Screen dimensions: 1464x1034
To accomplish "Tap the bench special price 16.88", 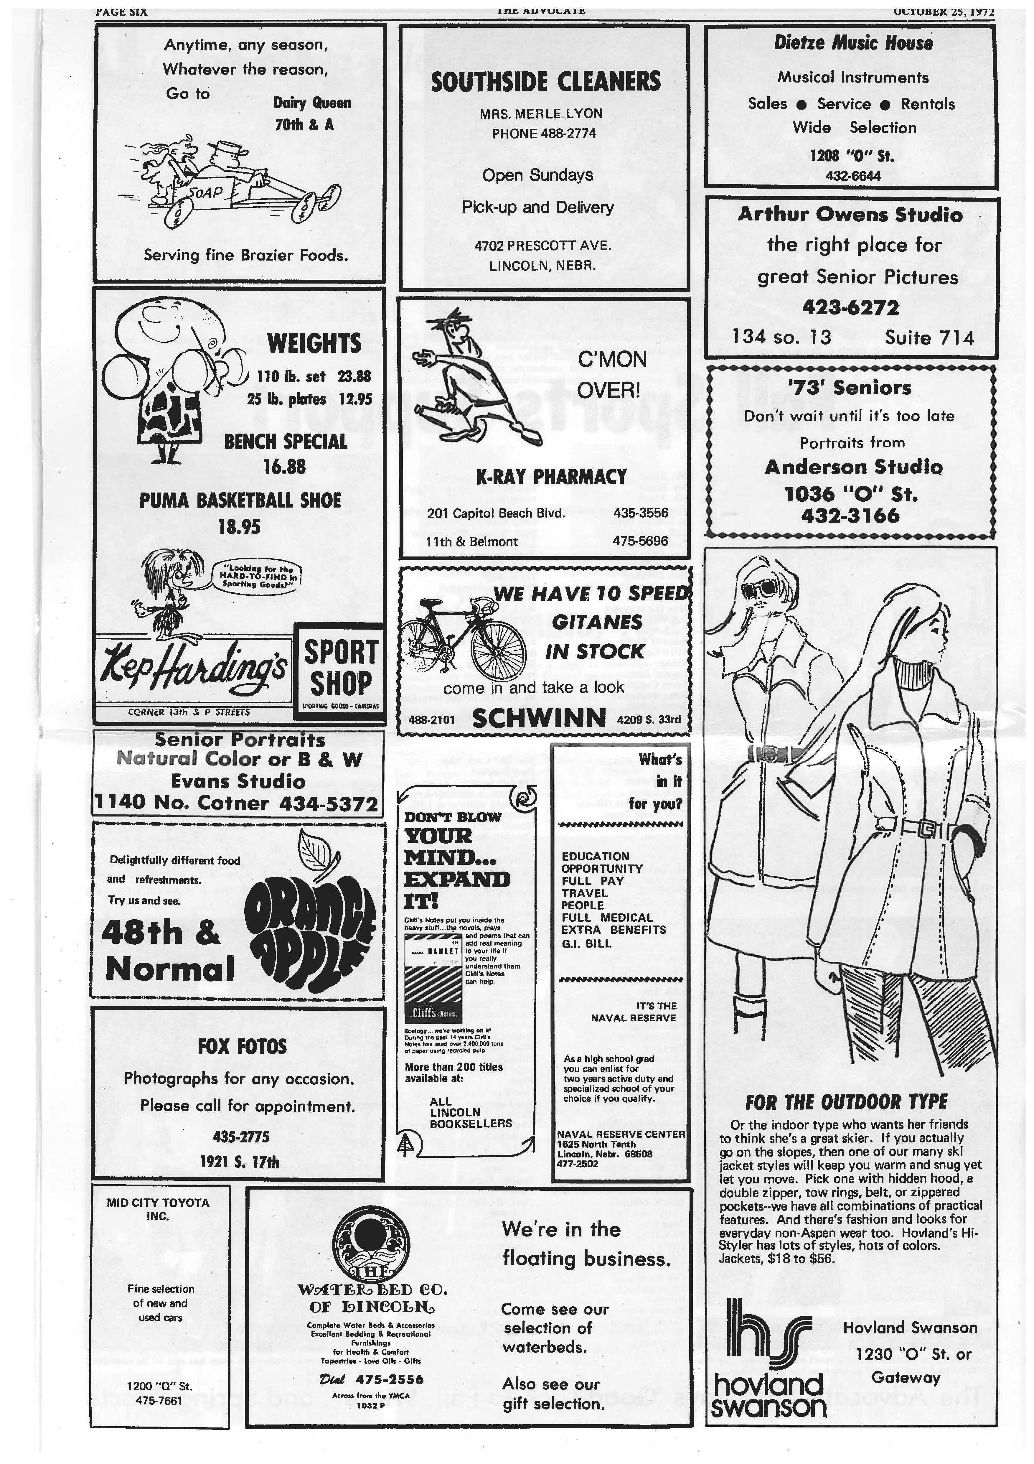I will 285,467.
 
